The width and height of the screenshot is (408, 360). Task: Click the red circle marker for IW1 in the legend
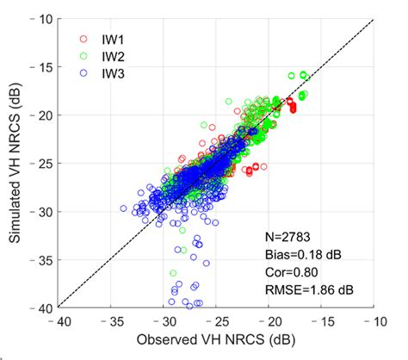(83, 38)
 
